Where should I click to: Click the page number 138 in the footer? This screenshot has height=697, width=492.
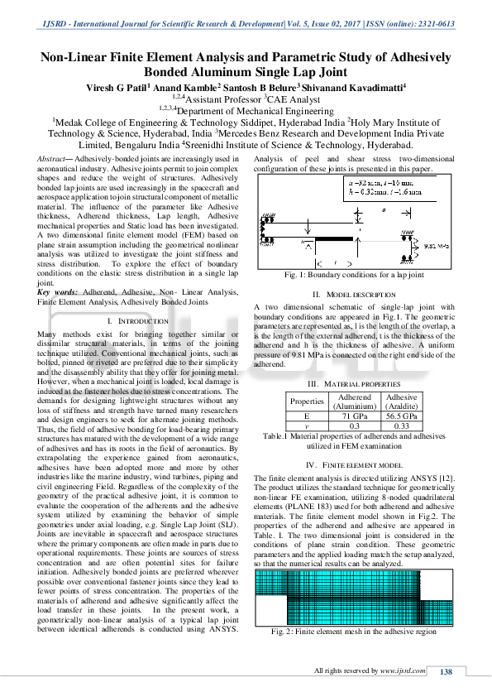tap(446, 671)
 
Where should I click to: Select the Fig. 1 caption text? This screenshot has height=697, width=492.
tap(354, 275)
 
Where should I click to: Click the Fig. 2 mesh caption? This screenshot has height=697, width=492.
tap(354, 632)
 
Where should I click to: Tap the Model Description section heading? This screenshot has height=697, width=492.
tap(354, 294)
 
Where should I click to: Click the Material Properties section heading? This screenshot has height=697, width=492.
tap(354, 385)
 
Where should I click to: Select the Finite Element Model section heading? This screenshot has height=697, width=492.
tap(354, 465)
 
